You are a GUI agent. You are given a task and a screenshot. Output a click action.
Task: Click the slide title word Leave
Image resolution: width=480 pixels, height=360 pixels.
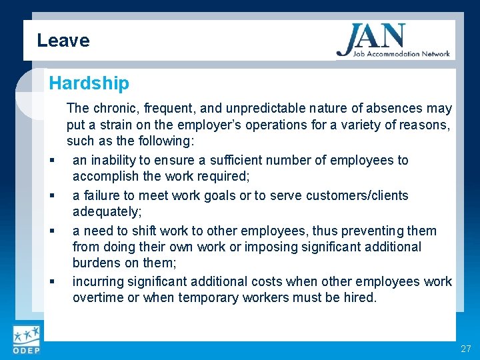click(63, 41)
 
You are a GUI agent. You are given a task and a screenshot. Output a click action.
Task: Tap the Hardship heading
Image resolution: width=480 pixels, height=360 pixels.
click(89, 83)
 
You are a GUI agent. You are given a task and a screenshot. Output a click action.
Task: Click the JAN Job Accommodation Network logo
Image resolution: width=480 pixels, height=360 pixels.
click(393, 41)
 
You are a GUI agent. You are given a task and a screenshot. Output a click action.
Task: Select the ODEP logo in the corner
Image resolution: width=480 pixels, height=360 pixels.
click(26, 340)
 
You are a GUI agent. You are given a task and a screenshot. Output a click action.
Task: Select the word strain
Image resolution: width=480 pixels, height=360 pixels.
click(118, 125)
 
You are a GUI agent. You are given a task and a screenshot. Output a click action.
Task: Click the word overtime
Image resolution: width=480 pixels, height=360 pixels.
click(98, 298)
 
